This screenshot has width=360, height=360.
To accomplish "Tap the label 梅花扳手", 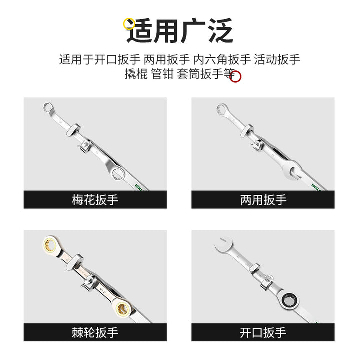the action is [95, 200].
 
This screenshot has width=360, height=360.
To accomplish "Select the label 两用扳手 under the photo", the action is [263, 200].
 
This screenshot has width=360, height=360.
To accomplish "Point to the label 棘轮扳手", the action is [95, 332].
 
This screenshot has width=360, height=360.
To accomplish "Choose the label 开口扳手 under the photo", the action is [263, 332].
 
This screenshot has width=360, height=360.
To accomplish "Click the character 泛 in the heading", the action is [220, 30].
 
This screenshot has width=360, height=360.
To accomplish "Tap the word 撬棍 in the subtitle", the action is [136, 74].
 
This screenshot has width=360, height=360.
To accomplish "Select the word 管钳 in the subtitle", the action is [162, 74].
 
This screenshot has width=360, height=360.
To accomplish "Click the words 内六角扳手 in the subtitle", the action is [222, 59].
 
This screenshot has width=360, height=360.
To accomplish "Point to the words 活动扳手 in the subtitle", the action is [277, 59].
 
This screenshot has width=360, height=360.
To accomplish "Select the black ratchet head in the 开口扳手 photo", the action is [289, 300].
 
